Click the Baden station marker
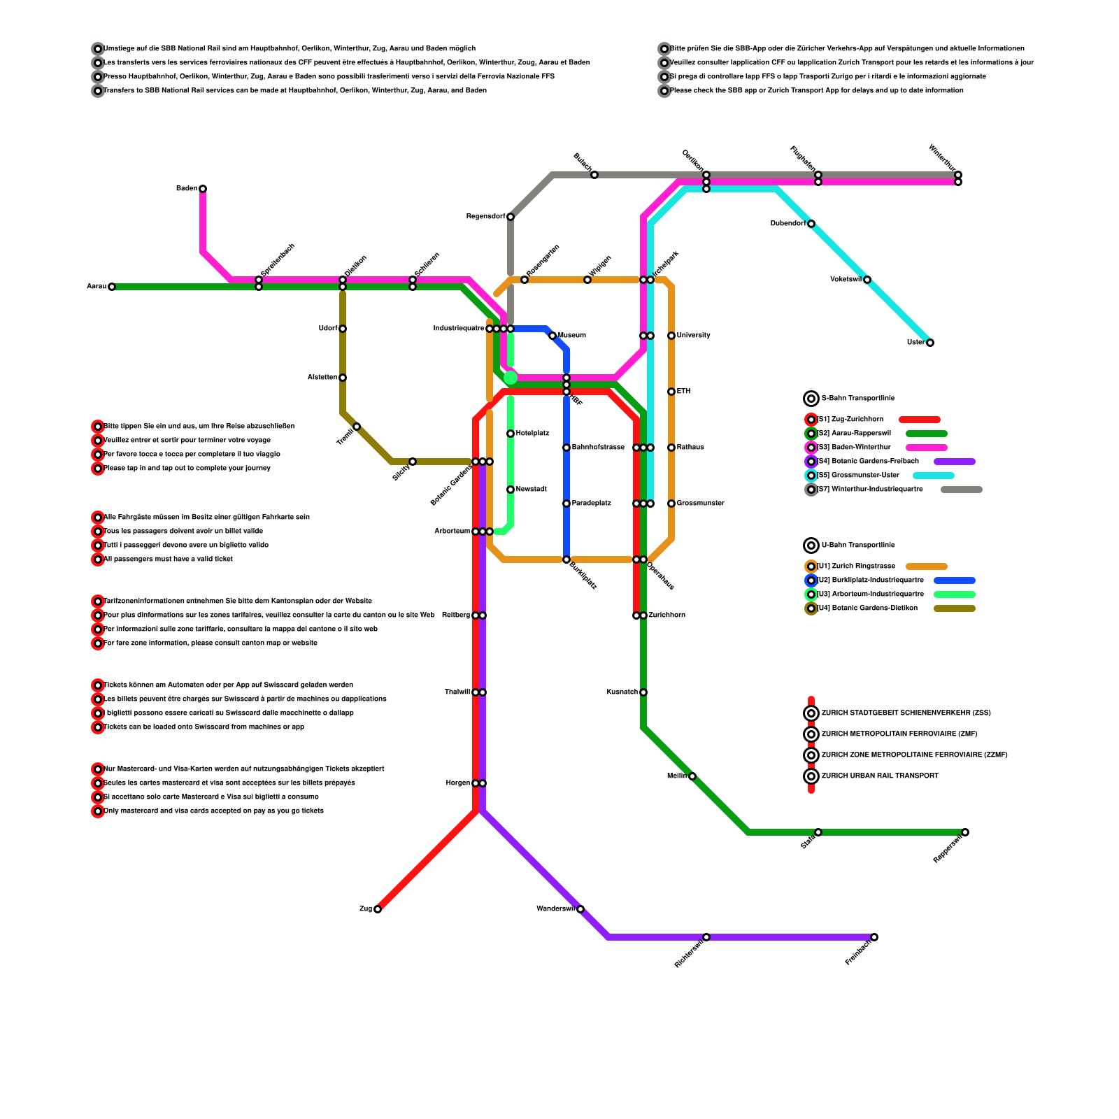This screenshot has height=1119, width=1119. click(x=203, y=189)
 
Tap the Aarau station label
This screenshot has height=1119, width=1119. click(x=97, y=287)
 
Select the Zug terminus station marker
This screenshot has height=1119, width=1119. click(x=378, y=909)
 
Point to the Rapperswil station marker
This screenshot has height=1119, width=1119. click(x=965, y=832)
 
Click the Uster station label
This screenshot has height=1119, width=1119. click(x=915, y=343)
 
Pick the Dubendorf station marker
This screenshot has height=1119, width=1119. click(x=811, y=224)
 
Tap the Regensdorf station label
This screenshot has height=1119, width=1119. click(x=485, y=217)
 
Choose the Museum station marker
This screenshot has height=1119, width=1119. click(x=553, y=336)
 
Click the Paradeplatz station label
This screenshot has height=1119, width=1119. click(x=592, y=504)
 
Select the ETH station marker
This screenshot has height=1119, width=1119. click(x=671, y=392)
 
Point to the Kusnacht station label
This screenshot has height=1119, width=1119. click(x=622, y=692)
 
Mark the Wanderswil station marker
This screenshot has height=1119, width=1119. click(x=580, y=909)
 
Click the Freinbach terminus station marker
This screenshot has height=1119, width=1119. click(x=874, y=937)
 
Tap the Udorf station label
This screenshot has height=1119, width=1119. click(x=328, y=329)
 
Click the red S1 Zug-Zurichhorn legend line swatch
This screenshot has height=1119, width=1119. click(x=919, y=420)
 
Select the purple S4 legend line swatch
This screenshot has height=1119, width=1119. click(x=954, y=462)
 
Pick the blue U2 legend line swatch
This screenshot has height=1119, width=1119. click(x=954, y=580)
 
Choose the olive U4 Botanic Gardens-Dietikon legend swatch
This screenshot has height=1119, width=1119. click(x=954, y=608)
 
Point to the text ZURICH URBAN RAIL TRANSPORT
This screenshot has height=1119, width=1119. click(x=880, y=776)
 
